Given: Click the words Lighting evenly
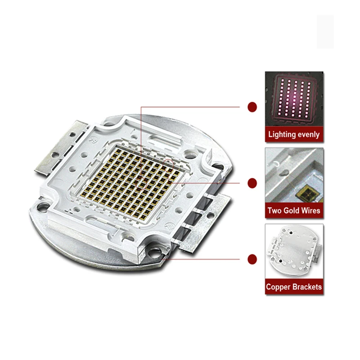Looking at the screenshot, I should [x=293, y=134].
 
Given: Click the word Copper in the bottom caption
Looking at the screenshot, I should [x=279, y=287].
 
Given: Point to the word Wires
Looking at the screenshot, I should [x=311, y=210].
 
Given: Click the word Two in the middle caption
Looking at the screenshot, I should [x=275, y=210].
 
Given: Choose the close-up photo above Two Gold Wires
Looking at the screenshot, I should [x=293, y=175].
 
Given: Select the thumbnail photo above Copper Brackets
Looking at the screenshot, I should [x=293, y=252].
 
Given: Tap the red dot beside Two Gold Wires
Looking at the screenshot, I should [x=252, y=183].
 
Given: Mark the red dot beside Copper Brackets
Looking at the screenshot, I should [x=252, y=259].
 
